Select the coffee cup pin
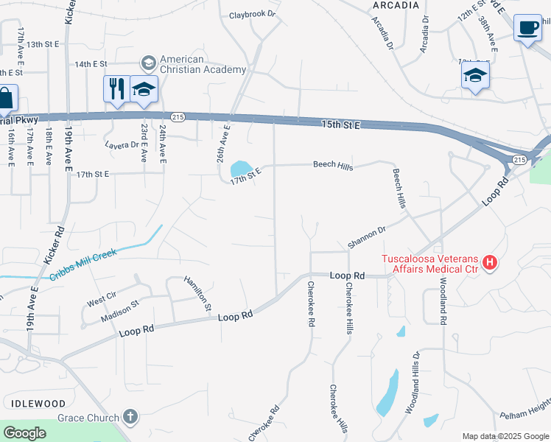(527, 28)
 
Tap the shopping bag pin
(6, 98)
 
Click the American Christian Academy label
(203, 64)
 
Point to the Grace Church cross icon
(130, 418)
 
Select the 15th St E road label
(341, 125)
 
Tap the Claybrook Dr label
(251, 14)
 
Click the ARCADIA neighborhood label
(396, 5)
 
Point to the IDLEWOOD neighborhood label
(38, 404)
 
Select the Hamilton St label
(198, 292)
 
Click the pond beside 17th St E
(239, 169)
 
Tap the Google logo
(25, 433)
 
